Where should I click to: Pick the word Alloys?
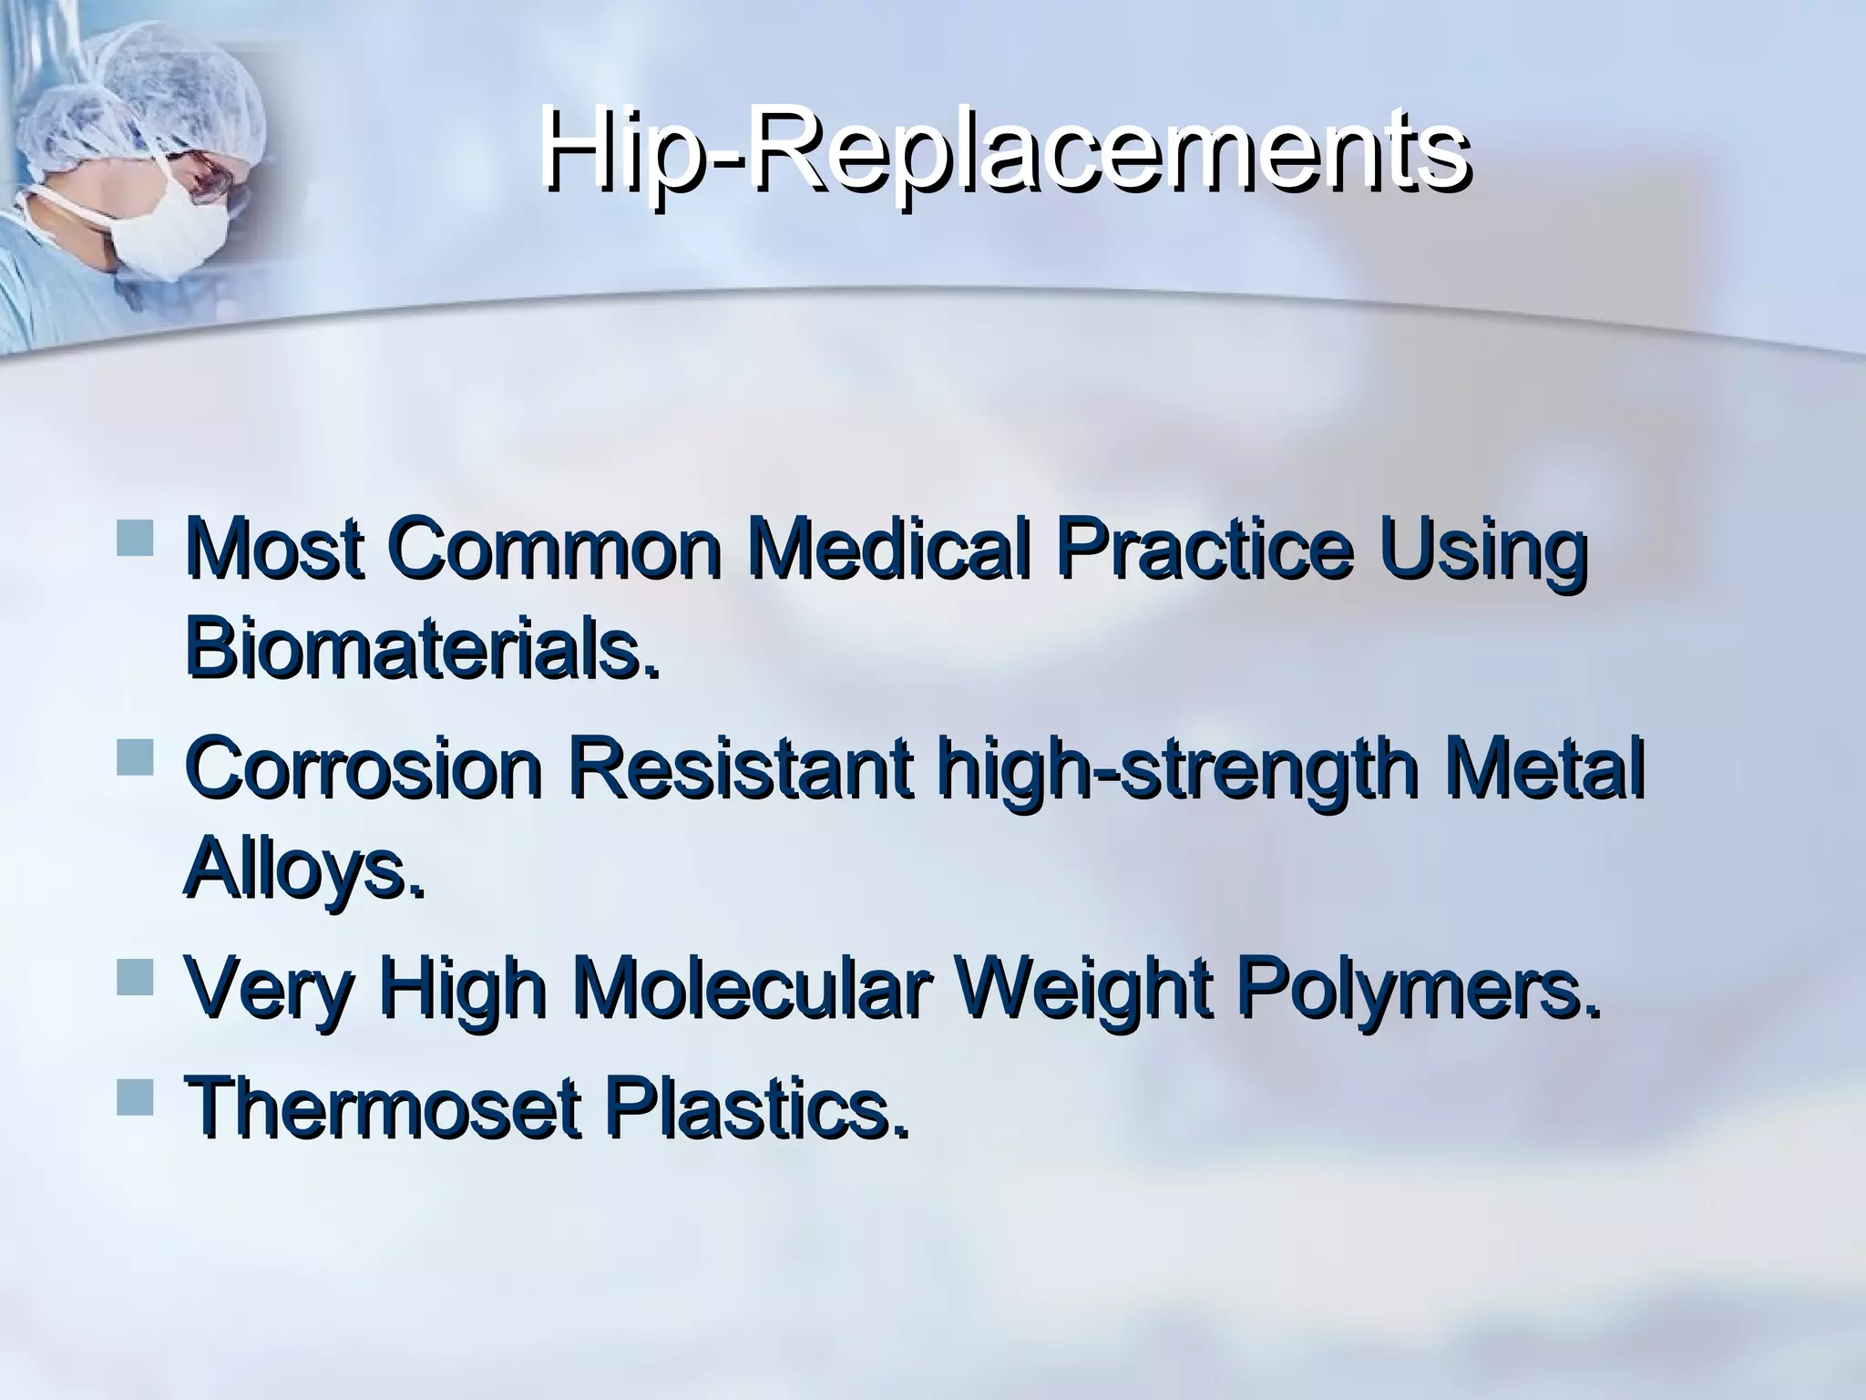click(x=303, y=873)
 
